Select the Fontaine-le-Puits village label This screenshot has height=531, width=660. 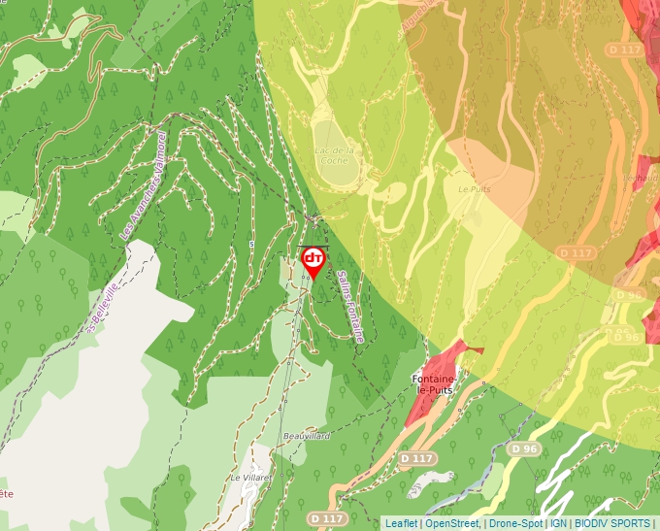pyautogui.click(x=435, y=383)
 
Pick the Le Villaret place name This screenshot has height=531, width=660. pyautogui.click(x=248, y=478)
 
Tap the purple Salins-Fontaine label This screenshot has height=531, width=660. pyautogui.click(x=350, y=306)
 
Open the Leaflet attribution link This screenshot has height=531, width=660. pyautogui.click(x=401, y=523)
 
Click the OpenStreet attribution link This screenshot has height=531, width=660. pyautogui.click(x=451, y=523)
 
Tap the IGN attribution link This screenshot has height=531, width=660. pyautogui.click(x=558, y=523)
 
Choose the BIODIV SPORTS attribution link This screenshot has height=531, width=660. pyautogui.click(x=612, y=523)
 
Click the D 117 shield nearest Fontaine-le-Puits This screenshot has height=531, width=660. pyautogui.click(x=416, y=457)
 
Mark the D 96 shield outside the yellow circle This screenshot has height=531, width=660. pyautogui.click(x=524, y=449)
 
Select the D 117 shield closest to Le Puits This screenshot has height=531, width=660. pyautogui.click(x=576, y=252)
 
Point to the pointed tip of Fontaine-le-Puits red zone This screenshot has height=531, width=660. pyautogui.click(x=481, y=347)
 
